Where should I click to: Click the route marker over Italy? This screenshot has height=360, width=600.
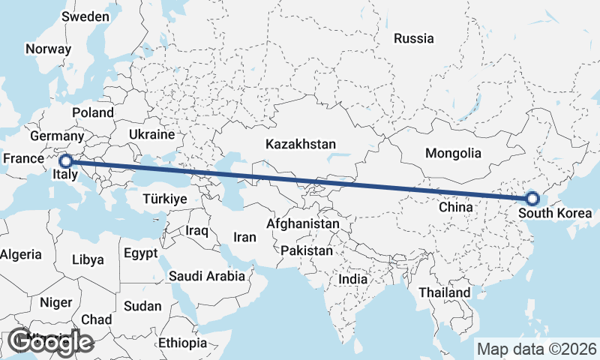click(x=65, y=160)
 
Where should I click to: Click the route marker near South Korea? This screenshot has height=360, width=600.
click(x=532, y=199)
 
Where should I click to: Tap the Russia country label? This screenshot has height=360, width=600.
click(x=413, y=38)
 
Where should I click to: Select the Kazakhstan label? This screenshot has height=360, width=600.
click(x=300, y=144)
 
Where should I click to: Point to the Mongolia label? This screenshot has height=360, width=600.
click(x=452, y=153)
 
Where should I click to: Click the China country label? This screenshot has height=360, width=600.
click(x=454, y=206)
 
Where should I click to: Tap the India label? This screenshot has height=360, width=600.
click(x=352, y=279)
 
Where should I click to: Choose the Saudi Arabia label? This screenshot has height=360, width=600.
click(x=207, y=276)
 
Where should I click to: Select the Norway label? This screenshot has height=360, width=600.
click(x=48, y=49)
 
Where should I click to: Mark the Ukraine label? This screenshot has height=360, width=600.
click(x=151, y=135)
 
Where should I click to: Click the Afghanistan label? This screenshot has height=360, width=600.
click(x=303, y=223)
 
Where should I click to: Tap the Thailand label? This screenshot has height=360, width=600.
click(x=445, y=292)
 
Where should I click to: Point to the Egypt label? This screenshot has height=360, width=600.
click(x=141, y=253)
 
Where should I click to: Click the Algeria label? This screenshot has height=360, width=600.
click(x=20, y=255)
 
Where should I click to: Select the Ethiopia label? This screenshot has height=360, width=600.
click(x=182, y=343)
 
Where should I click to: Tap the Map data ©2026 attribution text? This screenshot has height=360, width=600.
click(x=536, y=349)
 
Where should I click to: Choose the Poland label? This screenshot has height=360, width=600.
click(x=93, y=112)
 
